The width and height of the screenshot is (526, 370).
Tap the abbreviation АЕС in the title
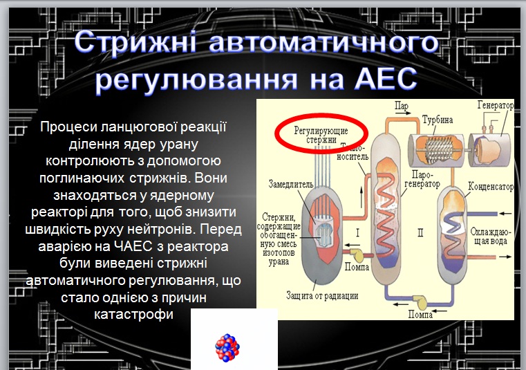coord(386,80)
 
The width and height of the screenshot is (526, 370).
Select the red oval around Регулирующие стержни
coord(321,133)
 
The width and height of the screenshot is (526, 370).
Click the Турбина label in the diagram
coord(438,120)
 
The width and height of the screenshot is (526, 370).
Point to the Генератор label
coord(495,105)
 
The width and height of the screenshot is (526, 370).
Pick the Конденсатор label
coord(491,186)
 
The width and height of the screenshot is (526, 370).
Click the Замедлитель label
coord(291,184)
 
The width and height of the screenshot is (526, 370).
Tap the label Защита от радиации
coord(322,295)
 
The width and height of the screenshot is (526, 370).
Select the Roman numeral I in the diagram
coord(357,232)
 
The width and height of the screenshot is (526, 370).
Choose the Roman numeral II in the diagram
coord(420,232)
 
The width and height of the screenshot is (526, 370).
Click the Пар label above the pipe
coord(401,106)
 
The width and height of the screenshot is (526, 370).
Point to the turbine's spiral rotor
coord(438,149)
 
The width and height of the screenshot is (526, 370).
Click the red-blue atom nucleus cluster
coord(227,348)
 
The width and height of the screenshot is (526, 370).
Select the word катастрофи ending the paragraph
coord(133,315)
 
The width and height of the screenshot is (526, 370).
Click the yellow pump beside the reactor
coord(356,255)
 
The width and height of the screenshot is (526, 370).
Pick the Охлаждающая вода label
coord(491,236)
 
